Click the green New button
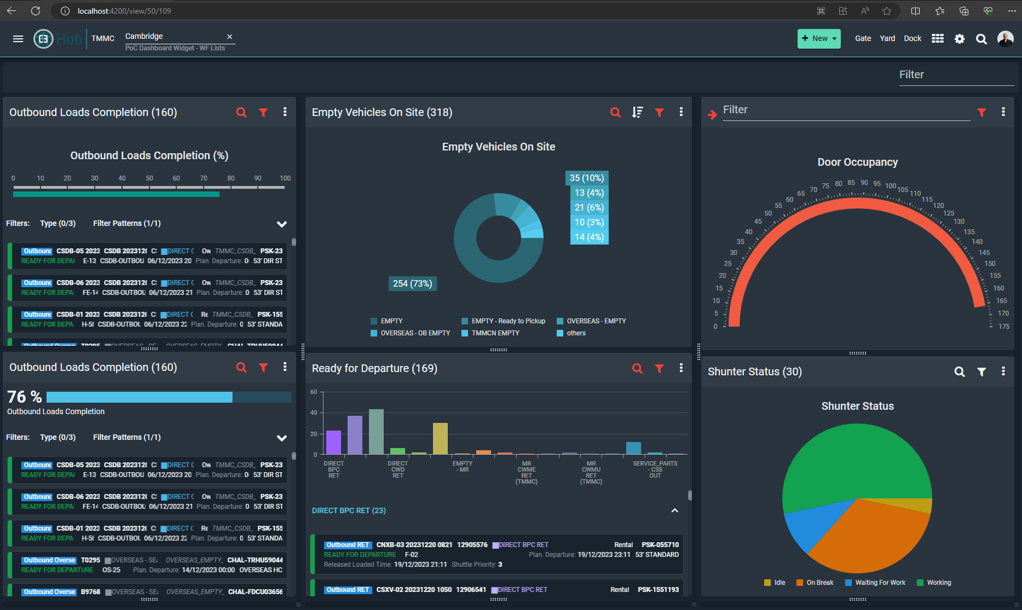[x=818, y=38]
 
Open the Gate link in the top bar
[x=863, y=38]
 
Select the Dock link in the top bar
[x=912, y=38]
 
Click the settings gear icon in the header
[x=959, y=39]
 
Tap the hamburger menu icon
[x=18, y=39]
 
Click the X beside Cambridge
[x=230, y=37]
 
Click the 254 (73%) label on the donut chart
[x=412, y=283]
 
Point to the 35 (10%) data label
[x=586, y=178]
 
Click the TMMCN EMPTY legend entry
[x=495, y=333]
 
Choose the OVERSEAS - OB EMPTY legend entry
[x=415, y=333]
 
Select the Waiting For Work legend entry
[x=880, y=583]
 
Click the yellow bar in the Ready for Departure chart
[x=440, y=438]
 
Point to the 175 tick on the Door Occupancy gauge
[x=1003, y=327]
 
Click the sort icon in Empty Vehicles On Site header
[x=637, y=112]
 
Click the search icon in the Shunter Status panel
[x=959, y=372]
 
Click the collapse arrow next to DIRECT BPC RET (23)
[x=674, y=510]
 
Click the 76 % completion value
[x=25, y=397]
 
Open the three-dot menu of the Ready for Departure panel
[x=681, y=368]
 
